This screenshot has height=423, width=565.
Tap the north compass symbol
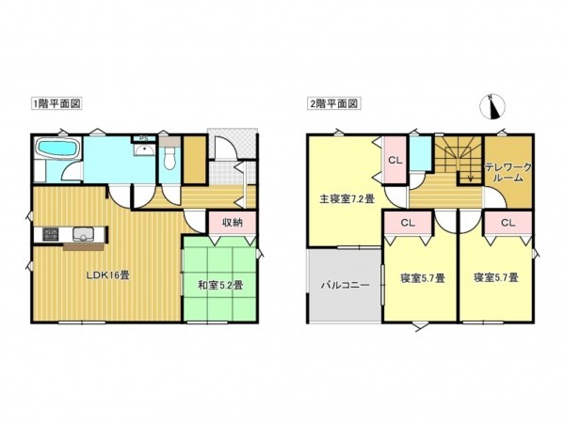[492, 108]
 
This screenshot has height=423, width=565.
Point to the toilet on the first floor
[169, 158]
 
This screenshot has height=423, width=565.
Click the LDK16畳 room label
[108, 275]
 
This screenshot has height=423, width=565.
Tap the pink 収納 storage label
[233, 223]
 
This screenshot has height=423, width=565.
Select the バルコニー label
[344, 284]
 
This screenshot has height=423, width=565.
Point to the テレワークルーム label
[508, 172]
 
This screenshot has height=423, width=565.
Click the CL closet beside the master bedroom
[395, 161]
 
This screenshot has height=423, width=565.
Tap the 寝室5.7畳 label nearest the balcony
[421, 277]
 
